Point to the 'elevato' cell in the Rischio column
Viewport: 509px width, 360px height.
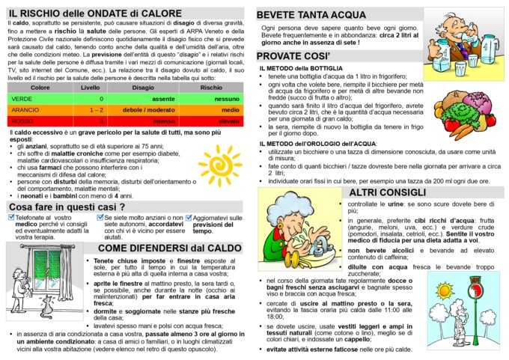click(x=209, y=120)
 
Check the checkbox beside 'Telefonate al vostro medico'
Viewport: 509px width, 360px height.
click(x=10, y=218)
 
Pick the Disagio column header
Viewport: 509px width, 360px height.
click(x=143, y=88)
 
